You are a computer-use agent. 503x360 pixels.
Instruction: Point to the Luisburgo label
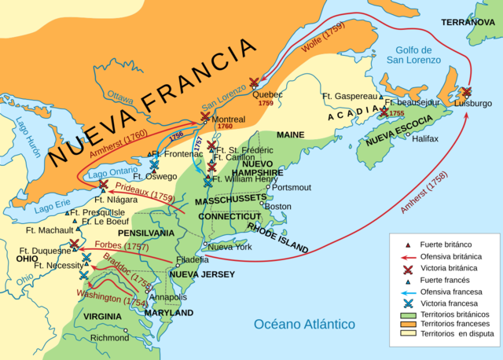coord(472,103)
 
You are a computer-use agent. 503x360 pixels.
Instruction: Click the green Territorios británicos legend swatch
coord(408,314)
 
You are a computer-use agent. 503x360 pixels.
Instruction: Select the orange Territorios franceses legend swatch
coord(408,325)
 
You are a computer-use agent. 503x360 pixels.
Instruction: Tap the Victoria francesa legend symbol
coord(408,303)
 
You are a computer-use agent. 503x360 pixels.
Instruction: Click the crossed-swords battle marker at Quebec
coord(254,83)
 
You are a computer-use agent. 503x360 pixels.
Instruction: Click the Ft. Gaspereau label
coord(350,96)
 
